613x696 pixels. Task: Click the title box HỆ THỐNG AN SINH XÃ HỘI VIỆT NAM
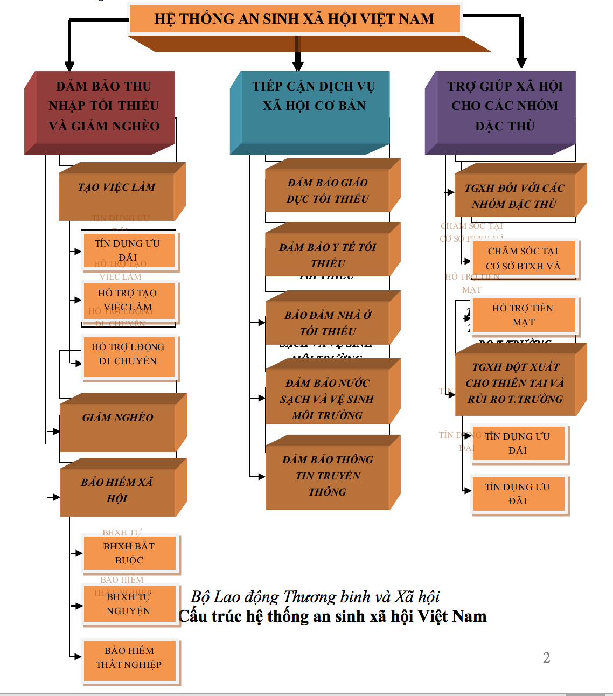pyautogui.click(x=295, y=19)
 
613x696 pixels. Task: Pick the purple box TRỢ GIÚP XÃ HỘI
pyautogui.click(x=505, y=106)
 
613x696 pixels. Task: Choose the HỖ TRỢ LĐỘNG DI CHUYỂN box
pyautogui.click(x=129, y=355)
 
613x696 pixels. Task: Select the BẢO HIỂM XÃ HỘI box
pyautogui.click(x=117, y=490)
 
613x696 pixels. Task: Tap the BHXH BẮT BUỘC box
pyautogui.click(x=129, y=553)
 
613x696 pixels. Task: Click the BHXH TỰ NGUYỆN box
pyautogui.click(x=129, y=604)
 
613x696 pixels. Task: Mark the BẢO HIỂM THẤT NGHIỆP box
pyautogui.click(x=129, y=658)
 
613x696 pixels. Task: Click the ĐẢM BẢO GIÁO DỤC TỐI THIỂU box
pyautogui.click(x=328, y=190)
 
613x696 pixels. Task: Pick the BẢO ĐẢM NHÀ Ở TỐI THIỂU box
pyautogui.click(x=328, y=323)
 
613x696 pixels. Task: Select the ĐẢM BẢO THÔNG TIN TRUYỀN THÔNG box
pyautogui.click(x=328, y=475)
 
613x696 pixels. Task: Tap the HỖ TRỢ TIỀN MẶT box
pyautogui.click(x=523, y=315)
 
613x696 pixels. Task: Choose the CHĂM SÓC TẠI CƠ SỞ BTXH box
pyautogui.click(x=523, y=258)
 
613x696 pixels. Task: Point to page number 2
pyautogui.click(x=546, y=658)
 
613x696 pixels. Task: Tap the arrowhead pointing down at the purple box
pyautogui.click(x=521, y=63)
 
